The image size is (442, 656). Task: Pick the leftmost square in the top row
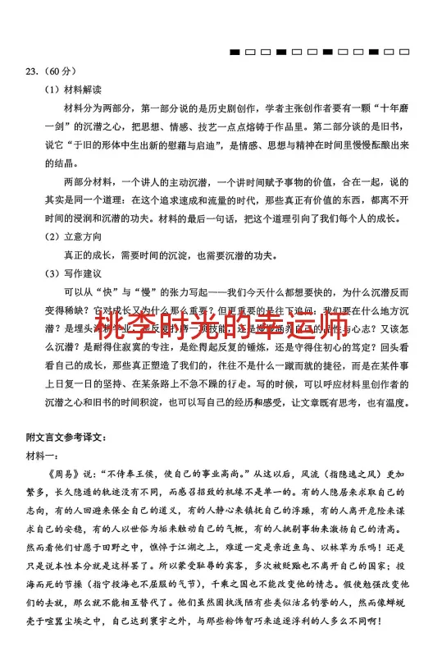click(x=235, y=52)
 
